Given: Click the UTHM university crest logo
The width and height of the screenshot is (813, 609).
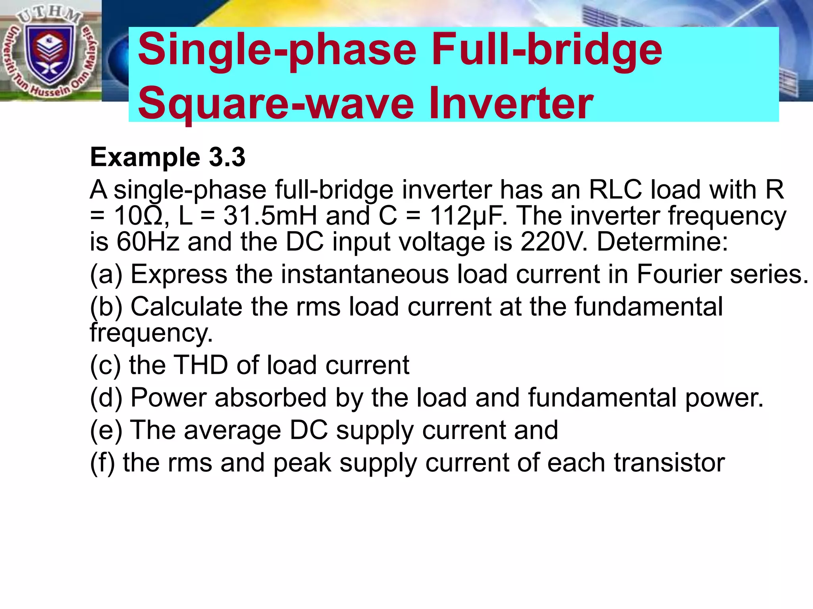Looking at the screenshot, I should (x=50, y=52).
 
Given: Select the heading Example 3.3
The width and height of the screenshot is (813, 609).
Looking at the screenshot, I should (x=168, y=157).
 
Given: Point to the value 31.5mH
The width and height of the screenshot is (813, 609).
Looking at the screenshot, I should (x=270, y=216).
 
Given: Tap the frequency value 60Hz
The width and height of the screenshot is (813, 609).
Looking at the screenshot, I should (x=148, y=242).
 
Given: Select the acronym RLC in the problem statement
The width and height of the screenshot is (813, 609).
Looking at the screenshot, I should (x=615, y=190).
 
